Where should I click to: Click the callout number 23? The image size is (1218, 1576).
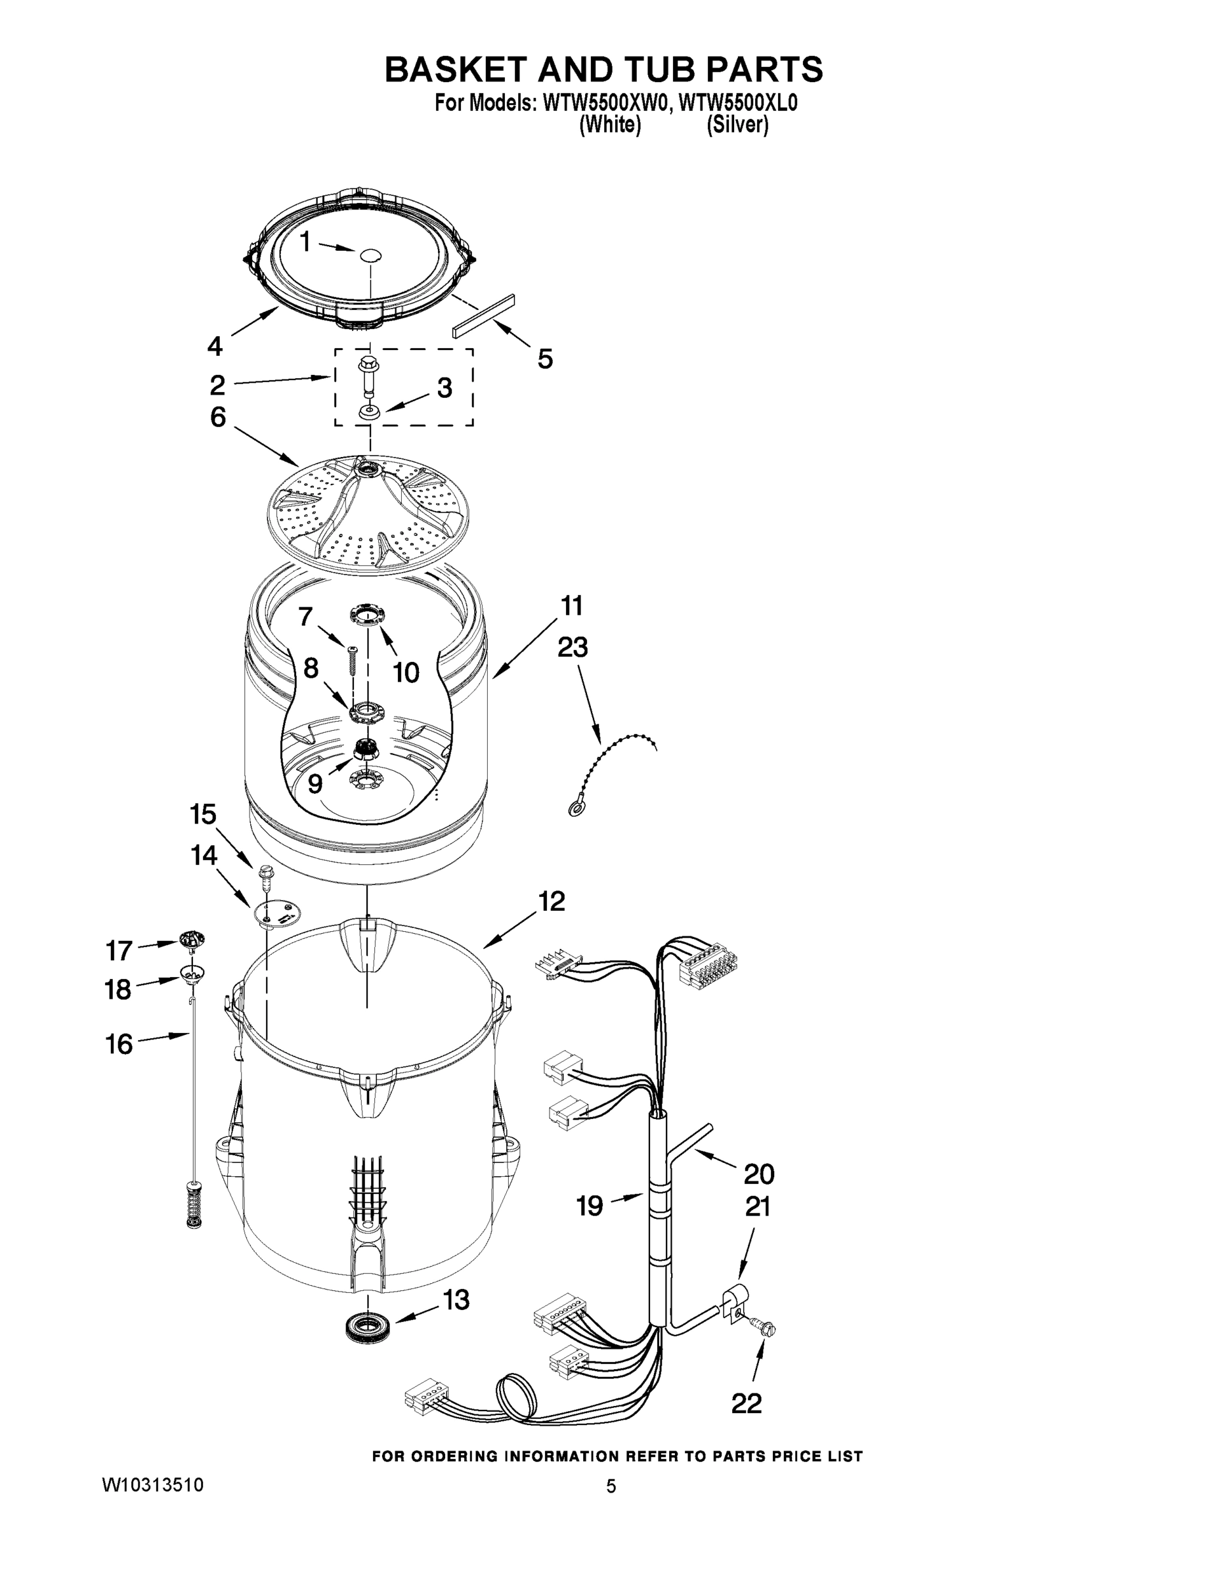[x=572, y=647]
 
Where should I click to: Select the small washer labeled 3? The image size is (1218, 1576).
[x=369, y=412]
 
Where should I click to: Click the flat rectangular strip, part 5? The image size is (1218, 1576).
[x=483, y=315]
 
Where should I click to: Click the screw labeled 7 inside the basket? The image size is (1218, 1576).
[x=352, y=659]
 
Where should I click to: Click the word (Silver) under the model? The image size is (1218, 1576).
[x=737, y=125]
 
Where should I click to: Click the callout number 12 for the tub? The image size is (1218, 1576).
[x=552, y=902]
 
